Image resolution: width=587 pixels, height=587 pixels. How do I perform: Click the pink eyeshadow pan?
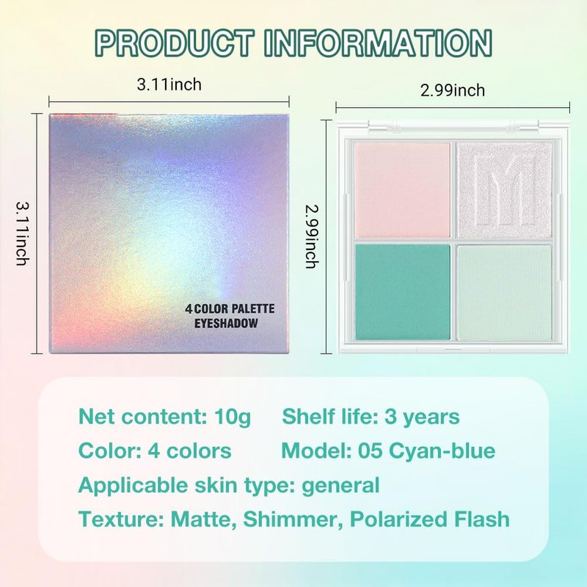402,190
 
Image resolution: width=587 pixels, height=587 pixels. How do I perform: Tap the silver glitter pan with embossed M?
505,190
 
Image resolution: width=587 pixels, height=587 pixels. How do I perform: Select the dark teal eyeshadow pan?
402,292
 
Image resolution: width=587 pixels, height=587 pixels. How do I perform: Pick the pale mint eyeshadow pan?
505,292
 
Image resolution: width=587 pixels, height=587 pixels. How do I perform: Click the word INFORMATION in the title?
378,43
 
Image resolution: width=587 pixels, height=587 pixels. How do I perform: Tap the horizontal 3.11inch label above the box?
169,84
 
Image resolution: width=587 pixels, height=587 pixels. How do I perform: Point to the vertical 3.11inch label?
23,233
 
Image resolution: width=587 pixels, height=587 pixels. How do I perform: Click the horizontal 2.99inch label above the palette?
452,90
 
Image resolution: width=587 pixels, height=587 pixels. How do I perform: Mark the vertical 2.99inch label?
312,236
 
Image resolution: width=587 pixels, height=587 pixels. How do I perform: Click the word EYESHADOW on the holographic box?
226,324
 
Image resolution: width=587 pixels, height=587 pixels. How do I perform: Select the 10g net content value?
232,418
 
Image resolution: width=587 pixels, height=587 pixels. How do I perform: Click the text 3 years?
423,418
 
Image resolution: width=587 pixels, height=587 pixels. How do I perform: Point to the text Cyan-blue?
442,451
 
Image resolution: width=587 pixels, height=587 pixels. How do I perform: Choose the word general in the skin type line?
340,486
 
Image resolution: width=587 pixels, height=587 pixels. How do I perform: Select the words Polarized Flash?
430,519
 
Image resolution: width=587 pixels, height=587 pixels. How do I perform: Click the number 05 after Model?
370,451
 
